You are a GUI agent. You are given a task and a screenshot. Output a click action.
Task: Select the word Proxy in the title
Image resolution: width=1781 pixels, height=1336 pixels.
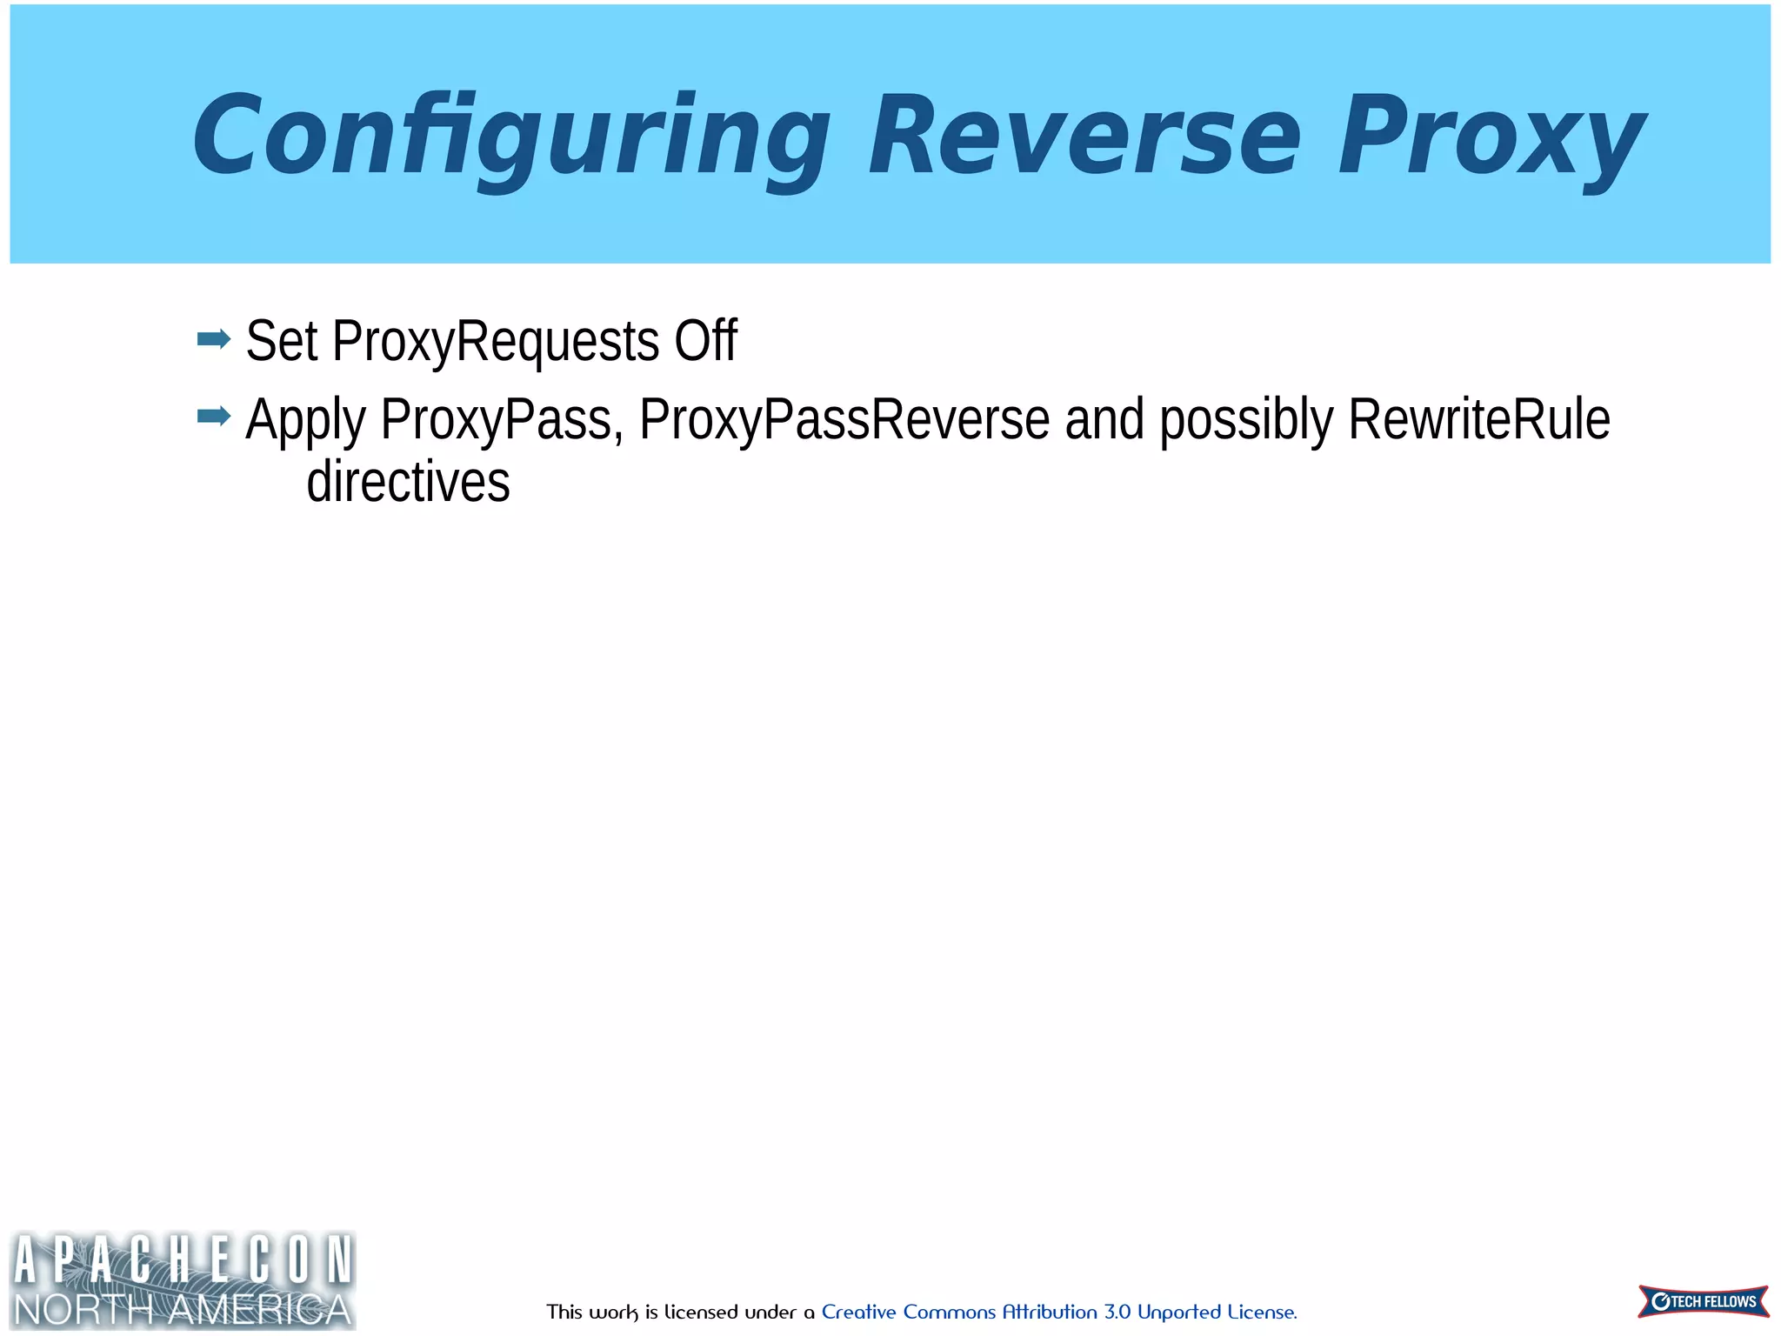tap(1491, 137)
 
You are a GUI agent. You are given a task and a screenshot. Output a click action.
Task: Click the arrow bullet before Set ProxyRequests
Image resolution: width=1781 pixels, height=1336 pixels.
tap(214, 338)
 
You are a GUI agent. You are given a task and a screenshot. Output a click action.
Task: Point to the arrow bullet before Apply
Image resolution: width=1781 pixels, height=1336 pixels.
tap(214, 417)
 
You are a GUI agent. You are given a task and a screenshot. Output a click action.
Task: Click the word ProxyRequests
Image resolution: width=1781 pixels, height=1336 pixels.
tap(496, 341)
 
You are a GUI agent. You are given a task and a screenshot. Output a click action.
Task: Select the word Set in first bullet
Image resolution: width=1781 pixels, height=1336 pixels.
tap(282, 340)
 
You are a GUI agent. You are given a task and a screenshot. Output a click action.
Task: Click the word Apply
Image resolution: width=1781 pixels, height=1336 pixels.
tap(305, 420)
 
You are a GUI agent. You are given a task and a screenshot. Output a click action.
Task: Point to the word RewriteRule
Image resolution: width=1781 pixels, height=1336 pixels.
tap(1478, 419)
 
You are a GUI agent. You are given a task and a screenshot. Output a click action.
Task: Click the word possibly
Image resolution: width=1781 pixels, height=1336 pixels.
tap(1246, 420)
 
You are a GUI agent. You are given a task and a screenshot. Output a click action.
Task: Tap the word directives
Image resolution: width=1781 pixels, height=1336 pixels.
tap(408, 482)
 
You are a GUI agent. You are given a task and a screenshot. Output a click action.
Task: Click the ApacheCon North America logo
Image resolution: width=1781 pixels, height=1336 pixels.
tap(183, 1279)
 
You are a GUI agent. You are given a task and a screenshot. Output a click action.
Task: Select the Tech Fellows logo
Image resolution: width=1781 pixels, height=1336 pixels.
tap(1703, 1301)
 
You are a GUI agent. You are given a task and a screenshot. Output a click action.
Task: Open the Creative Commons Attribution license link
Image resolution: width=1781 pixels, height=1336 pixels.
tap(1058, 1312)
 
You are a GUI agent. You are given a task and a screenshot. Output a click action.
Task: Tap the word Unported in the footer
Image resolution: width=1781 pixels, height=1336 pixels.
tap(1178, 1313)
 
